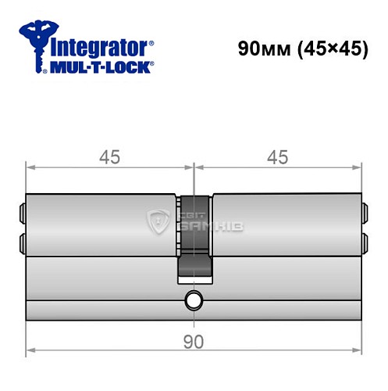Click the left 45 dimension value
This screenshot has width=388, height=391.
[109, 157]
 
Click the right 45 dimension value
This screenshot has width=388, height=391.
[277, 157]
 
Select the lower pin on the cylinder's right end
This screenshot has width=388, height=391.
[365, 239]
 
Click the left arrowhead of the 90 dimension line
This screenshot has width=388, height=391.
[30, 350]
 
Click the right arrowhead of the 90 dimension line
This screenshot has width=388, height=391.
[358, 350]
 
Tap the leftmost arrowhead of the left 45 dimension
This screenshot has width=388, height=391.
[30, 167]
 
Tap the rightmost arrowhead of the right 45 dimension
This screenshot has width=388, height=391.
[358, 167]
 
